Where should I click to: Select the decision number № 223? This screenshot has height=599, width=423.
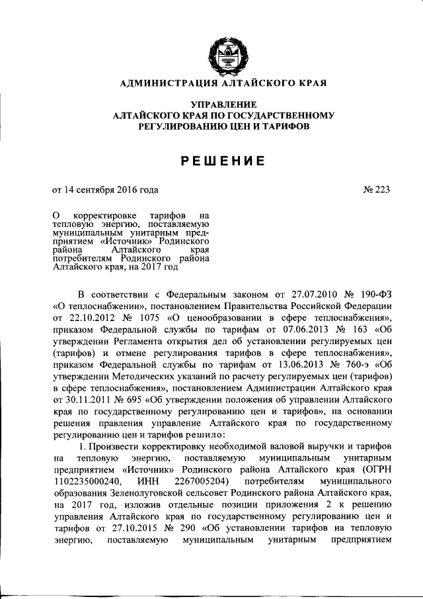point(376,190)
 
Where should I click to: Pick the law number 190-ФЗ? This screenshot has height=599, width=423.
point(371,294)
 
